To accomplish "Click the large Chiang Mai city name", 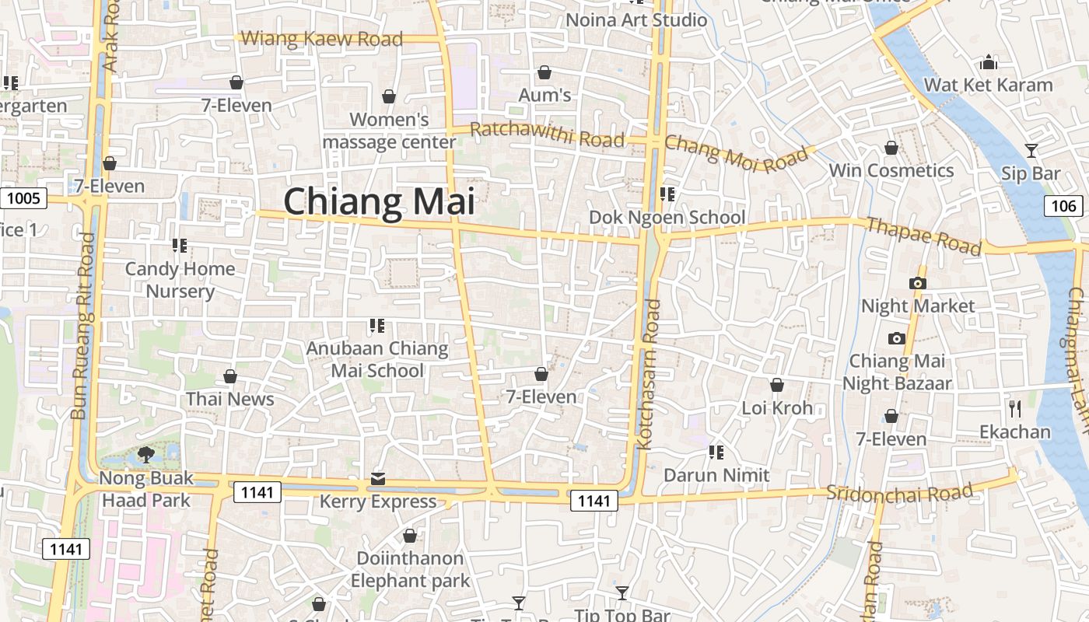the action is click(x=379, y=201).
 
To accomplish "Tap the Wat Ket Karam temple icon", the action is click(x=989, y=62).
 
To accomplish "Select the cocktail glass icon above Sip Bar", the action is click(x=1031, y=150).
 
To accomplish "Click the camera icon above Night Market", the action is click(x=918, y=283).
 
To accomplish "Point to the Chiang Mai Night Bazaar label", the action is click(x=897, y=372).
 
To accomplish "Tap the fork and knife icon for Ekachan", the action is click(x=1014, y=407).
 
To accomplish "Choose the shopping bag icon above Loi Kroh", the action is click(x=776, y=385).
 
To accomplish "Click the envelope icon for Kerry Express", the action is click(x=378, y=478).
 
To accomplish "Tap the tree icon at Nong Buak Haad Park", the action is click(x=145, y=454).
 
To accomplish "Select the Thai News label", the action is click(x=229, y=399).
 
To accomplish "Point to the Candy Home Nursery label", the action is click(x=180, y=280).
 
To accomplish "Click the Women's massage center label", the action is click(x=389, y=131).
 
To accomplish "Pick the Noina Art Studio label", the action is click(x=636, y=20).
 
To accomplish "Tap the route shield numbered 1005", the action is click(x=23, y=198).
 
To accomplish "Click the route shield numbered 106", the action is click(x=1063, y=206).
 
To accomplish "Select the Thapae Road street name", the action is click(x=923, y=236).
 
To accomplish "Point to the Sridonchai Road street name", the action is click(x=899, y=491).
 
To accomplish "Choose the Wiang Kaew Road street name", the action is click(x=322, y=38).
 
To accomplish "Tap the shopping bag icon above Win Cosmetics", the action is click(x=891, y=148).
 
